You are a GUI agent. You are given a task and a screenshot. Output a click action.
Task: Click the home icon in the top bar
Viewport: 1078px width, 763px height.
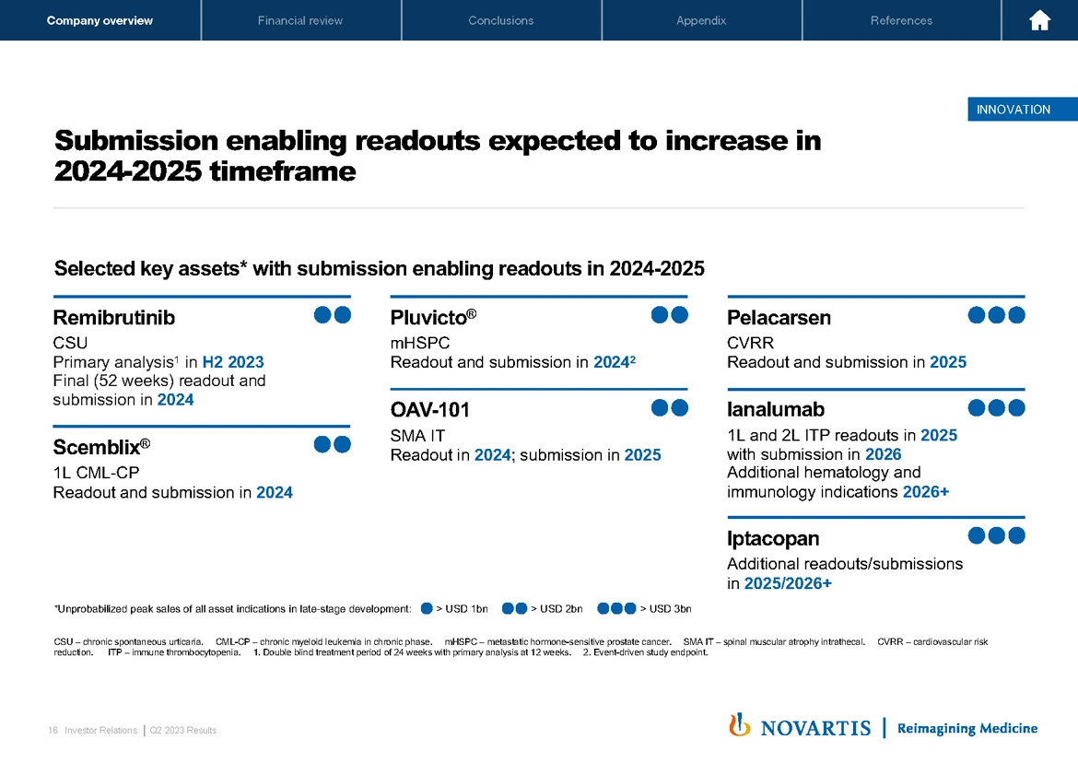click(x=1040, y=20)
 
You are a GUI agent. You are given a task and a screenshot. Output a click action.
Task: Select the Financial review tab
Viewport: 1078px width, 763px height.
click(x=300, y=20)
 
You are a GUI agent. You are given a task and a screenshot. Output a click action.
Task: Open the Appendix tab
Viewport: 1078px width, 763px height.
click(x=701, y=20)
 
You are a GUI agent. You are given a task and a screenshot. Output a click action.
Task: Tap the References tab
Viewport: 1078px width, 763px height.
click(x=901, y=20)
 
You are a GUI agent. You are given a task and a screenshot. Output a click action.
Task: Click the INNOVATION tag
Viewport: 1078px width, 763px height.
click(x=1014, y=110)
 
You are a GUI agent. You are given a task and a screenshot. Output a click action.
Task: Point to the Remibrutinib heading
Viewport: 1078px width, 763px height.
click(x=114, y=318)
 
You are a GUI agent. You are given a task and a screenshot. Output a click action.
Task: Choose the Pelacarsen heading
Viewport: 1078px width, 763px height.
click(x=779, y=318)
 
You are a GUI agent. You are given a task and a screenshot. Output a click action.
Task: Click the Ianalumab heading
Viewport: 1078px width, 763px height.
click(x=776, y=409)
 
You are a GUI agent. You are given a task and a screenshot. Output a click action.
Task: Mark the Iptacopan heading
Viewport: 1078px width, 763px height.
click(x=773, y=538)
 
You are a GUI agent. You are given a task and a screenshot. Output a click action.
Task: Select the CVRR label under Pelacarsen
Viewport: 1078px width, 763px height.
click(x=750, y=344)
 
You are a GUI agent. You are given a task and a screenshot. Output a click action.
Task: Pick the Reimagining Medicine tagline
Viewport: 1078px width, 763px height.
click(x=967, y=728)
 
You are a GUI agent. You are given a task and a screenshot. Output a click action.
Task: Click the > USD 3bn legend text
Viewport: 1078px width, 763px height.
click(x=665, y=608)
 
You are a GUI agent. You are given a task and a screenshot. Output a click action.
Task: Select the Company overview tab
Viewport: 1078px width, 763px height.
click(x=100, y=20)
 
